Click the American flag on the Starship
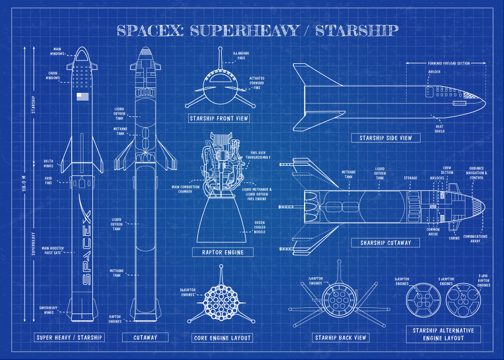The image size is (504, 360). (x=83, y=97)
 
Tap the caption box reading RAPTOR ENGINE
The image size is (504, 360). (x=218, y=253)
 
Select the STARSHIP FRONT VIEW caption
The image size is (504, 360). (x=218, y=118)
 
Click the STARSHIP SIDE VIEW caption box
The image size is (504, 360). (x=386, y=138)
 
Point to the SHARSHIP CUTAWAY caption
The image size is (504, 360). (x=385, y=243)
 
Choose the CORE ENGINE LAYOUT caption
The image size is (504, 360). (x=222, y=338)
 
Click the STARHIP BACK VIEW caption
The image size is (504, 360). (x=340, y=338)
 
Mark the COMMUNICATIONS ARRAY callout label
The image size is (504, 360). (x=475, y=239)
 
